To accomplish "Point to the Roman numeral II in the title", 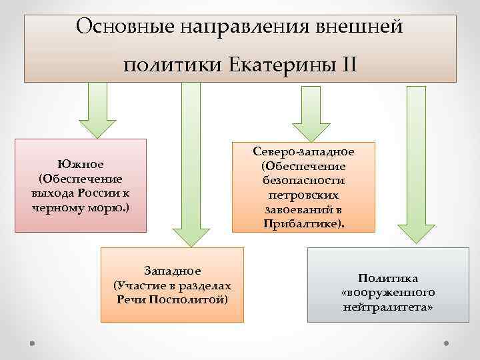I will tap(347, 65).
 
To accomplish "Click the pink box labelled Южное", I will tap(80, 185).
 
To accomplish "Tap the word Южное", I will tap(80, 163).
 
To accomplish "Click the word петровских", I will tap(303, 195).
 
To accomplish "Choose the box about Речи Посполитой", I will tap(172, 284).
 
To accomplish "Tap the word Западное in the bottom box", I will tap(172, 270).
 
